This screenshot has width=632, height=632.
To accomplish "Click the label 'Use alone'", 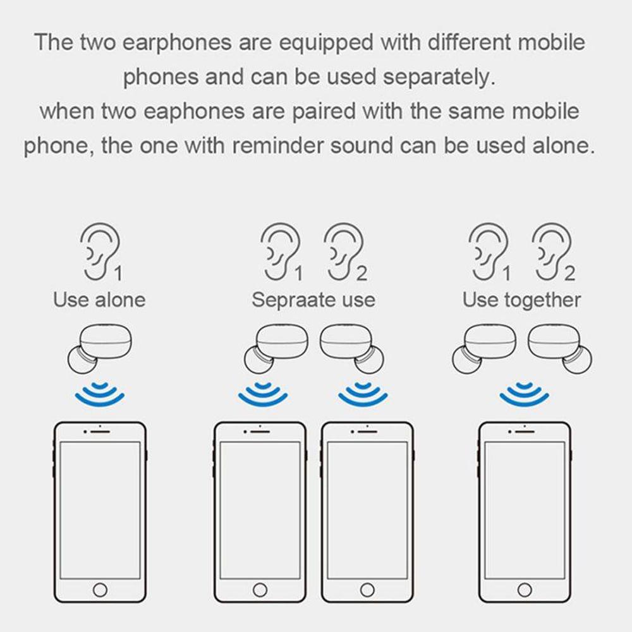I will (99, 299).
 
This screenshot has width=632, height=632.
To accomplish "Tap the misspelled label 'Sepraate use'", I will (313, 299).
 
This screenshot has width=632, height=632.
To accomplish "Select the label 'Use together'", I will (521, 299).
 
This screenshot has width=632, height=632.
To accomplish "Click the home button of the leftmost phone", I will (99, 590).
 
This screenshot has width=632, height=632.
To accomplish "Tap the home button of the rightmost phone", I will (524, 590).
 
